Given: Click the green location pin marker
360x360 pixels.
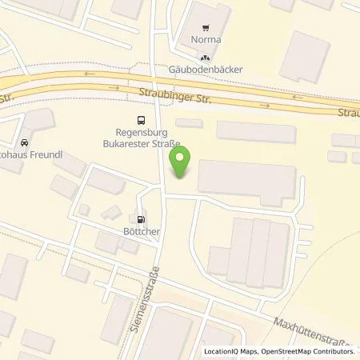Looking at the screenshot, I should (182, 163).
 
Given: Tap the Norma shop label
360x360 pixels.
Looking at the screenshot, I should (206, 39).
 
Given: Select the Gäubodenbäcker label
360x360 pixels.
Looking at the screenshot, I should (206, 70).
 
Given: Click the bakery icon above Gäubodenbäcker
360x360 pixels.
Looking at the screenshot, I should (206, 58).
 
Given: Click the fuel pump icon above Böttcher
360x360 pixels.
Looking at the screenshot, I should (142, 218).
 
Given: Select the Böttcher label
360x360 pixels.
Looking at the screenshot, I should (142, 232).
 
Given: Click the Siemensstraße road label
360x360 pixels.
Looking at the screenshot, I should (150, 301).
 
